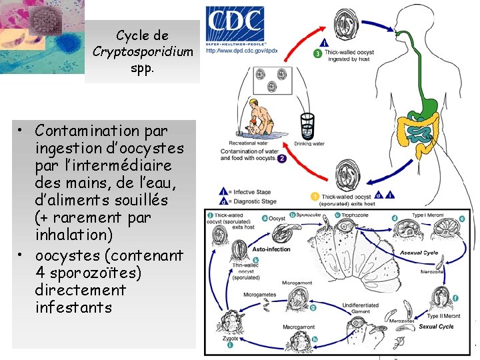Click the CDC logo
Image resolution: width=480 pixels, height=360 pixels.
[x=235, y=25]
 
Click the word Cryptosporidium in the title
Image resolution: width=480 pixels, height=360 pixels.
[x=143, y=51]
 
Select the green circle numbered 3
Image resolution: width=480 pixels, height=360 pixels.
[x=318, y=53]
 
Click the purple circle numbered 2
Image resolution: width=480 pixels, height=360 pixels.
[x=282, y=159]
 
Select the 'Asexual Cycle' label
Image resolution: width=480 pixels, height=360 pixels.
[x=419, y=253]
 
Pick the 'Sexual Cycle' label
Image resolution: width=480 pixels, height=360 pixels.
[x=436, y=327]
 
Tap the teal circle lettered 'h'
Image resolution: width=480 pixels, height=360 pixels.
[x=314, y=339]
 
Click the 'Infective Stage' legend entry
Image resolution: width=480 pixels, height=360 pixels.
[x=251, y=191]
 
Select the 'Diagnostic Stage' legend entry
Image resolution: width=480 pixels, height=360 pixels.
[x=254, y=200]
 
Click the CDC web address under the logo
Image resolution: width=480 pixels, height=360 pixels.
[x=241, y=50]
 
